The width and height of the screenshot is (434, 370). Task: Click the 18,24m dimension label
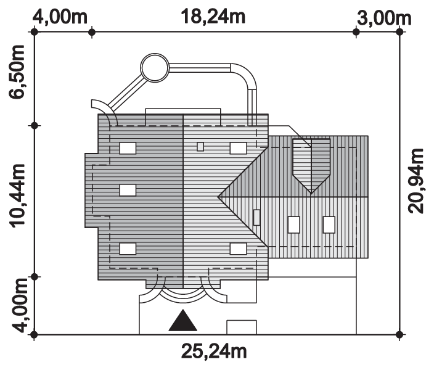pos(213,17)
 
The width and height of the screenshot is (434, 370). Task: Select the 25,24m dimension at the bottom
pos(214,351)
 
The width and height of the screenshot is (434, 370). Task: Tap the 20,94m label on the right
pos(416,181)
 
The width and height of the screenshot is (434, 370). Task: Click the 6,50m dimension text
pos(17,72)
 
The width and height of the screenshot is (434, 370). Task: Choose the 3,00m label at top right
pos(384,18)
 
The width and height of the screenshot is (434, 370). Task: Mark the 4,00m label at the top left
pos(60,17)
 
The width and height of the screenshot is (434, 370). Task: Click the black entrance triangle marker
pos(183,321)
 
